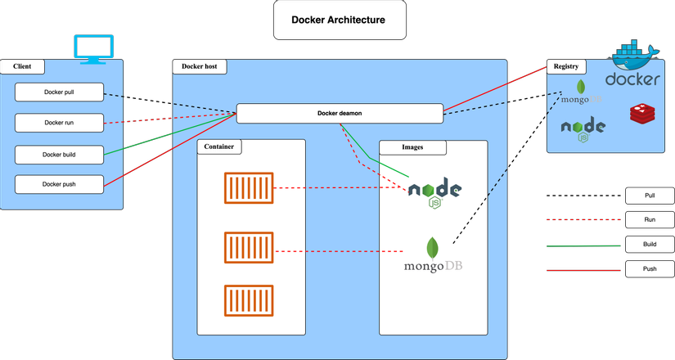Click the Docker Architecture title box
pos(339,20)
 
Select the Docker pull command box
pos(60,92)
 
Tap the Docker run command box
pos(60,123)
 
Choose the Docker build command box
pos(60,154)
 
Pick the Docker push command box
pos(60,184)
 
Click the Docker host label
pos(200,66)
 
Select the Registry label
pos(566,66)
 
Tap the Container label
pos(220,147)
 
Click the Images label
pos(412,147)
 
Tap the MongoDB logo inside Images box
pos(433,256)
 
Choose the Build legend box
pos(650,244)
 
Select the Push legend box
pos(650,268)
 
